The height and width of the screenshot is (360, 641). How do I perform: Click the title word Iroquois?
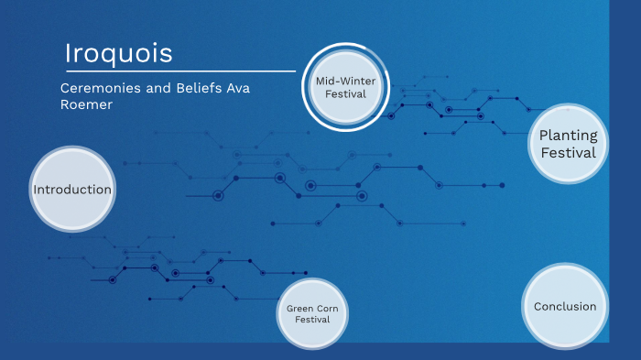coord(119,54)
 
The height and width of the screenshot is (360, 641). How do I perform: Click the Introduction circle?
coord(72,190)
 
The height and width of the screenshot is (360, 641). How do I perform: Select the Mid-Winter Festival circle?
coord(346,87)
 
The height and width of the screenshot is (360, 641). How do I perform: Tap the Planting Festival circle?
coord(568,144)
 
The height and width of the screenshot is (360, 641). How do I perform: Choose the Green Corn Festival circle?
coord(312,313)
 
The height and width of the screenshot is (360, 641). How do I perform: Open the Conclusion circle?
coord(565,306)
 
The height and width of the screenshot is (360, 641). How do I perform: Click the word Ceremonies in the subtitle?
coord(102,88)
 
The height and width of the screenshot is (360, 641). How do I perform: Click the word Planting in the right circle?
coord(568,136)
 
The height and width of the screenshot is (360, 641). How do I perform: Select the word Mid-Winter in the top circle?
coord(346,82)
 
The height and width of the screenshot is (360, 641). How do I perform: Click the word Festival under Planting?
coord(568,153)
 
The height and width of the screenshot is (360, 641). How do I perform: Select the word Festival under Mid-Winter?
coord(346,93)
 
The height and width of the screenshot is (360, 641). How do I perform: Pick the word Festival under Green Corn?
coord(312,320)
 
